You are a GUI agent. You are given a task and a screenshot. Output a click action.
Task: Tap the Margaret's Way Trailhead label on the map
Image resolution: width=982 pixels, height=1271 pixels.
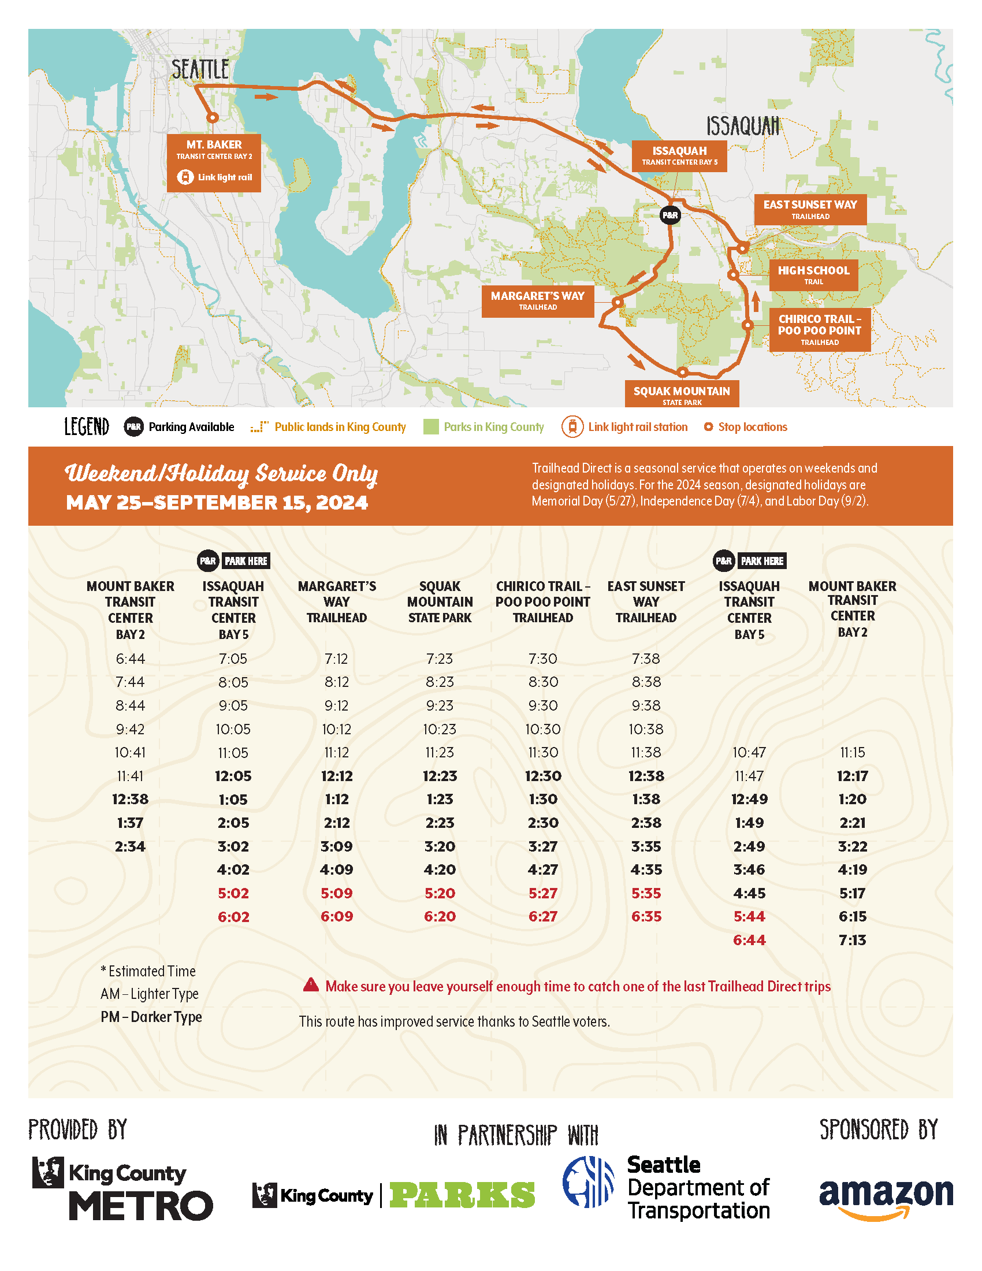[x=538, y=300]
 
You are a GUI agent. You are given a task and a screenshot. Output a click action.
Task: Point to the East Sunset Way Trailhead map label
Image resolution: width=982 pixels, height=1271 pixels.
[x=810, y=209]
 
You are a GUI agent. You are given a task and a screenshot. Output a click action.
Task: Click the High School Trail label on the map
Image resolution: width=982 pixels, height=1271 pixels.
[x=813, y=274]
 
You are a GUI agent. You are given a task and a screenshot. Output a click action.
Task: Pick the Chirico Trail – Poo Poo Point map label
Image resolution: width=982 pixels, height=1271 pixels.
[x=819, y=329]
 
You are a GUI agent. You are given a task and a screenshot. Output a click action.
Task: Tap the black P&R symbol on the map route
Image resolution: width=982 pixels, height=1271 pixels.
[x=669, y=215]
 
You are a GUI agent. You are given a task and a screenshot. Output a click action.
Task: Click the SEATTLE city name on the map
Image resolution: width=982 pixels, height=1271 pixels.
[x=200, y=70]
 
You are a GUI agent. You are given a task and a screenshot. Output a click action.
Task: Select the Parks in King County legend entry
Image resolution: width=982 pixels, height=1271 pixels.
[x=493, y=426]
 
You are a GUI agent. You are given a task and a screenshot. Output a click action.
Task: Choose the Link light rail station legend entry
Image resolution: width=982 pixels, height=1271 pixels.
[x=637, y=426]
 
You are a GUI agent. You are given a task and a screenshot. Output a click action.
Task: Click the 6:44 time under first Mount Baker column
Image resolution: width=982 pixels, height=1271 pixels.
[x=131, y=658]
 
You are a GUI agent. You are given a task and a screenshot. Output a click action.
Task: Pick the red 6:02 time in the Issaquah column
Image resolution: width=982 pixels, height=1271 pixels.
[x=233, y=916]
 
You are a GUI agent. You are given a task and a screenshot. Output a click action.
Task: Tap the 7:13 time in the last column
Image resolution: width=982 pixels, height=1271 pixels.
[x=851, y=939]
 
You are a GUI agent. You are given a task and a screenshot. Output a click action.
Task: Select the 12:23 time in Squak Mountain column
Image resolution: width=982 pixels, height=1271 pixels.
[x=440, y=776]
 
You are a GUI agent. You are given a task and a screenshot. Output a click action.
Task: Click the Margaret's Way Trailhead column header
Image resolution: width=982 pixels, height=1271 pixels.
[x=336, y=601]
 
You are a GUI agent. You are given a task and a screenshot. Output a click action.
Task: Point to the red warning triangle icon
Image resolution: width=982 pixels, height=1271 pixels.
[x=311, y=984]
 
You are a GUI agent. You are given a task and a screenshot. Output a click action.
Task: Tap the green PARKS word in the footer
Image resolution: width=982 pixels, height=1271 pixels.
[x=462, y=1195]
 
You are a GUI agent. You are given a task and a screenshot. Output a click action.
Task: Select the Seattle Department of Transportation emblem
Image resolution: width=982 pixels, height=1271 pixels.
[x=587, y=1181]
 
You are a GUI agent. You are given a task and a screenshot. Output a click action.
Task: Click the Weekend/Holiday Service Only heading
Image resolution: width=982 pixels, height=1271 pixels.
[x=221, y=473]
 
